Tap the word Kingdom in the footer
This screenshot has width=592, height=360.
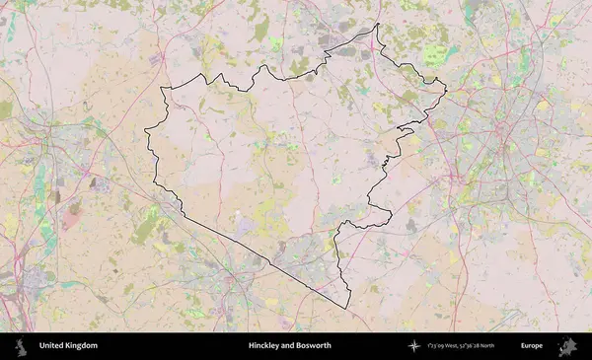pos(81,346)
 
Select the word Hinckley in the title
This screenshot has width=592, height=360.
pos(265,346)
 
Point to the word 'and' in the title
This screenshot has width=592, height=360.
pos(289,346)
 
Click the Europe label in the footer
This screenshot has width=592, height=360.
pos(532,346)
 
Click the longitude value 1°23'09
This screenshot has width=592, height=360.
pos(435,346)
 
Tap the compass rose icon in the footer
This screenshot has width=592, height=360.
pos(414,346)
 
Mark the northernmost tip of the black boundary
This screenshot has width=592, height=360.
pos(378,25)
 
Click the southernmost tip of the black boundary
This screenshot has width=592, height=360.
pos(347,308)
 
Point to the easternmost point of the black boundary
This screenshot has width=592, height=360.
pos(446,93)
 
